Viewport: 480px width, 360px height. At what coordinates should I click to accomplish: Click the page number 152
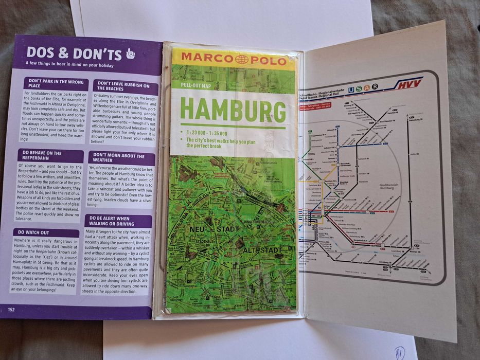(x=11, y=309)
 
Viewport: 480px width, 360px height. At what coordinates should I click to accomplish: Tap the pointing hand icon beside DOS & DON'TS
(x=131, y=53)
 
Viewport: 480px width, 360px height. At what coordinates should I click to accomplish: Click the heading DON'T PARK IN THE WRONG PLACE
(x=54, y=84)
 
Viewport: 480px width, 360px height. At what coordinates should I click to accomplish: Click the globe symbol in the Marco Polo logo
(x=241, y=60)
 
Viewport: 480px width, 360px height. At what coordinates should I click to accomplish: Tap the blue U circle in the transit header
(x=352, y=88)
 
